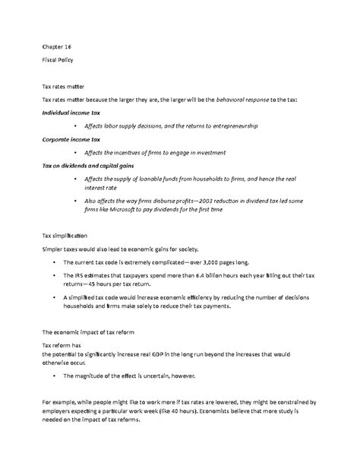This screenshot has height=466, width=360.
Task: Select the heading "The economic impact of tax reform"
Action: tap(87, 331)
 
